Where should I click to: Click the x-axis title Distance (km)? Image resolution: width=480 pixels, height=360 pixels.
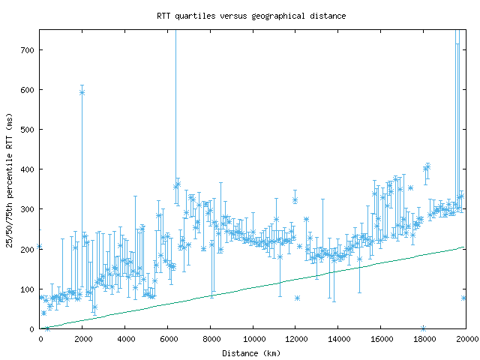251,352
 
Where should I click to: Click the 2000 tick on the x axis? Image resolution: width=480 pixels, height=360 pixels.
82,338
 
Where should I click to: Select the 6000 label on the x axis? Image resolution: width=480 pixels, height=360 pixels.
168,338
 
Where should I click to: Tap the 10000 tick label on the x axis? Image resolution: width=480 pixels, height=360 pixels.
253,338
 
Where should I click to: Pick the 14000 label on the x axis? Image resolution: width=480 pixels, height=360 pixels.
338,338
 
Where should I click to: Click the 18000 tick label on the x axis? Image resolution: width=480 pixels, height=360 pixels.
424,338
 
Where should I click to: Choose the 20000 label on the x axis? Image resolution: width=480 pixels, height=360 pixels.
465,338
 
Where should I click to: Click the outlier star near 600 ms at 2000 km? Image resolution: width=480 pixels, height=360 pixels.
82,92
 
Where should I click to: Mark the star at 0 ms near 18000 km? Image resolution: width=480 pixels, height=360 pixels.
424,328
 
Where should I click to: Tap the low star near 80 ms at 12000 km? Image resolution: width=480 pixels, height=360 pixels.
297,298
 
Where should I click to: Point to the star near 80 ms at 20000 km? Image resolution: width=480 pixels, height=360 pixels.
464,298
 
